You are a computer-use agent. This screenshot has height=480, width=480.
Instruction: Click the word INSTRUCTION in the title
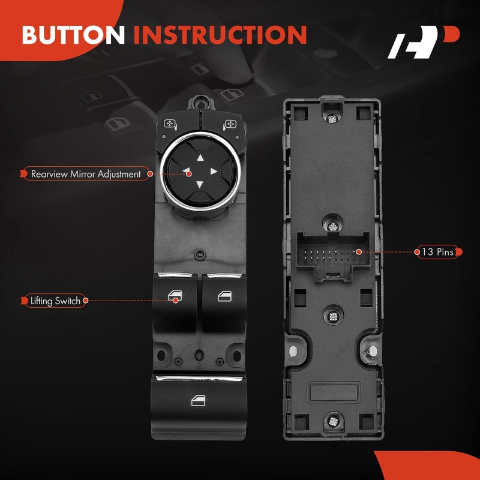pos(220,34)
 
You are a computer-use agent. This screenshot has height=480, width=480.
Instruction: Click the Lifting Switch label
pos(55,301)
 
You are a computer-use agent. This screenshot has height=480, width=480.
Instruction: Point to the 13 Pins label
pos(437,252)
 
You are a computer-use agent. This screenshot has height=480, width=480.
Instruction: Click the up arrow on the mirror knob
pos(200,160)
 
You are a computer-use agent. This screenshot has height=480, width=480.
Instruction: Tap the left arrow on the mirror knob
pos(187,172)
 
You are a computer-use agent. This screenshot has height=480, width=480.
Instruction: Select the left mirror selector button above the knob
pos(170,125)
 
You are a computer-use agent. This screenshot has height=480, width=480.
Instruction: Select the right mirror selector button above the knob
pos(230,125)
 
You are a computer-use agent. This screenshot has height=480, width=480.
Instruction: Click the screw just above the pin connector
pos(330,226)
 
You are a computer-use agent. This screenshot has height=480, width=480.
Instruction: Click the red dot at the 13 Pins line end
pos(358,252)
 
